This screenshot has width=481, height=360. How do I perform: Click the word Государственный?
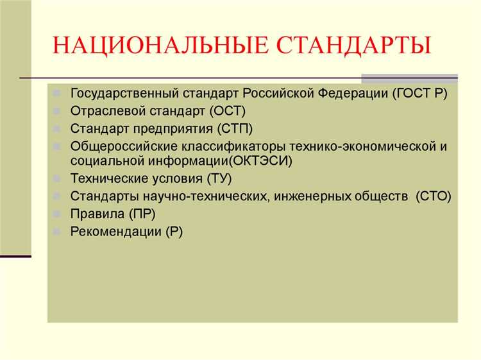[x=120, y=93]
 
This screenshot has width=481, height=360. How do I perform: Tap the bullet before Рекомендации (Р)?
[x=57, y=230]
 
